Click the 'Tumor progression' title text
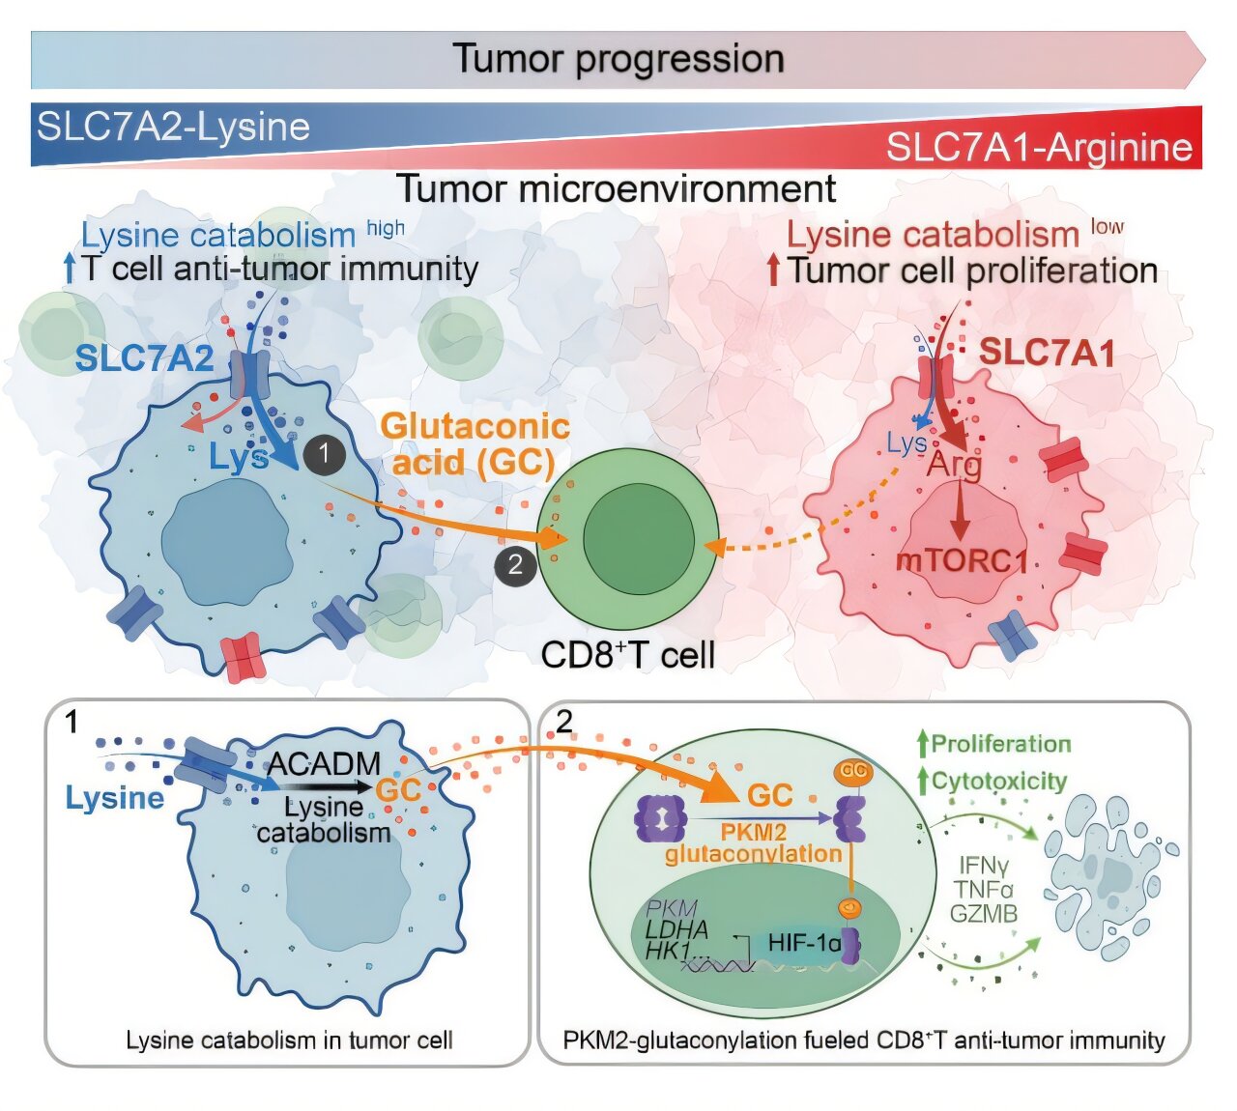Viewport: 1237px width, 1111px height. (x=618, y=59)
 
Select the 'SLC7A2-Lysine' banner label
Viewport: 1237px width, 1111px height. (x=173, y=127)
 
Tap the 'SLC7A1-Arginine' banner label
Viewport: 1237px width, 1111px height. (x=1039, y=147)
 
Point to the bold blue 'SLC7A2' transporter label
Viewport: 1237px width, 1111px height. (x=144, y=358)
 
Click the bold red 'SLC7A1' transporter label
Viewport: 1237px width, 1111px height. (x=1047, y=353)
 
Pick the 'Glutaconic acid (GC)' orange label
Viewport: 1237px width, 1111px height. (x=475, y=443)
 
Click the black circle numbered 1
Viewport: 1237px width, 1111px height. (x=324, y=453)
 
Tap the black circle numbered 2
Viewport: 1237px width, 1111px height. (x=515, y=565)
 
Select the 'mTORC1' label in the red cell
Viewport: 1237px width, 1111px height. (x=961, y=560)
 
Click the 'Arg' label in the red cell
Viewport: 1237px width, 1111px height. (x=954, y=465)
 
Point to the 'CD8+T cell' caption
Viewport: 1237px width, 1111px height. (x=627, y=655)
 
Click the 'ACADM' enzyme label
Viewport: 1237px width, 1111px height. (x=324, y=763)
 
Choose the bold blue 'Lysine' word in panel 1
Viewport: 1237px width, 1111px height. (x=115, y=798)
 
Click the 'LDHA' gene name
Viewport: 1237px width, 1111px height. (x=676, y=929)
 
